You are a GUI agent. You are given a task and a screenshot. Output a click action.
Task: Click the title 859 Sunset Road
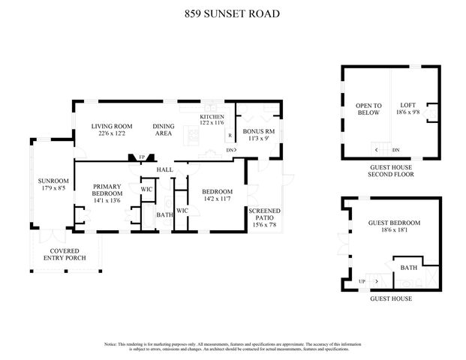point(233,13)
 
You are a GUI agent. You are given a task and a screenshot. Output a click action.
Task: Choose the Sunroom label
point(53,184)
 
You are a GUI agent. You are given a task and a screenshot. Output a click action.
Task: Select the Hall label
point(164,170)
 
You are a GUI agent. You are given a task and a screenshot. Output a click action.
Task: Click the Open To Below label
point(368,109)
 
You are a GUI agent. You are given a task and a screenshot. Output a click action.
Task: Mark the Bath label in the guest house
point(408,268)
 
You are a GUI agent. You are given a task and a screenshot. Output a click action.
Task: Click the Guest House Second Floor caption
point(390,170)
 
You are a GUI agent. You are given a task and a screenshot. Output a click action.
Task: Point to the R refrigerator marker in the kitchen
point(230,136)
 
